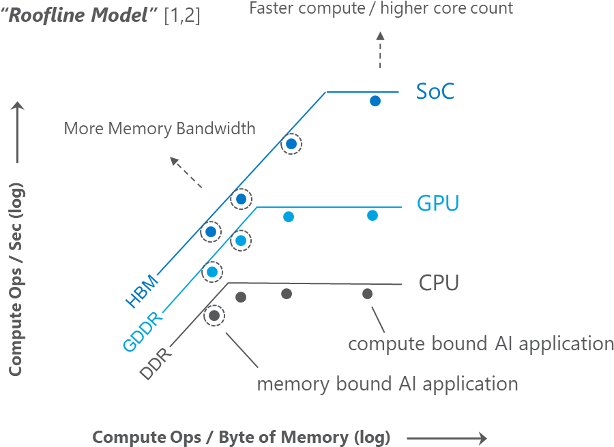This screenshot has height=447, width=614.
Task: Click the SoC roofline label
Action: pos(435,92)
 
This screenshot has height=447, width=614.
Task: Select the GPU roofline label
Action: pos(438,203)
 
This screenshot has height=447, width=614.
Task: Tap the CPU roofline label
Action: pos(439,283)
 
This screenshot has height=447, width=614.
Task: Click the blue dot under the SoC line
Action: pos(375,101)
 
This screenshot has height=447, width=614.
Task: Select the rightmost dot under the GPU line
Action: pos(372,215)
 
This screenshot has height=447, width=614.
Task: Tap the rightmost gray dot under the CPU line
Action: pos(367,294)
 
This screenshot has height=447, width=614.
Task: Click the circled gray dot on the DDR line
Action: pos(214,315)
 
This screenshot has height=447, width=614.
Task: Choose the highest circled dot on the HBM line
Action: pos(291,144)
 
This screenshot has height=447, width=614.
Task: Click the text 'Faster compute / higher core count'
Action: pos(381,9)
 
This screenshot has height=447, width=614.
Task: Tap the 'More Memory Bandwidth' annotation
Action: pos(159,128)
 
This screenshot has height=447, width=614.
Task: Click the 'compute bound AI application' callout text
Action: pos(480,343)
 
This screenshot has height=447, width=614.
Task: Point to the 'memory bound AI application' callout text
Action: pos(387,384)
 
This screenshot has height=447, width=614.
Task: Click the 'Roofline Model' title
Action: pos(81,15)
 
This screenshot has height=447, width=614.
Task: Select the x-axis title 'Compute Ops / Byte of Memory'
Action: pos(241,437)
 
